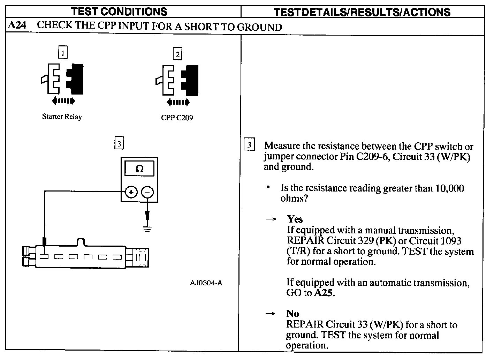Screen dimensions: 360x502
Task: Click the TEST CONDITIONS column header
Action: [x=119, y=11]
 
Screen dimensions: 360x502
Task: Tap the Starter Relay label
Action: [x=62, y=117]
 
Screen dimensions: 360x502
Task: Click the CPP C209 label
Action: [x=177, y=118]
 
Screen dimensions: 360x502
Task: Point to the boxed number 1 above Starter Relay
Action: [x=63, y=53]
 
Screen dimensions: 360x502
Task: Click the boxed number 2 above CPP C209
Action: [x=178, y=54]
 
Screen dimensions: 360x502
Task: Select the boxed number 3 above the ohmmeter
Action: [x=119, y=143]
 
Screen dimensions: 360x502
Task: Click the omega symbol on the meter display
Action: [x=139, y=169]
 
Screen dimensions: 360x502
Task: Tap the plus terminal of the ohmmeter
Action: [x=131, y=192]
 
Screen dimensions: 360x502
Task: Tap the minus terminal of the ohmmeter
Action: [x=147, y=192]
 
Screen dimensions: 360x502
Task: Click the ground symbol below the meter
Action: [x=147, y=229]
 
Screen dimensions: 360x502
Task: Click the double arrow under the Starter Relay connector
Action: [x=63, y=101]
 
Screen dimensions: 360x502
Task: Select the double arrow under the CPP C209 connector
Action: [x=178, y=102]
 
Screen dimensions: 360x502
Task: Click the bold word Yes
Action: [x=295, y=219]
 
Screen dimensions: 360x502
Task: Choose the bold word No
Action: [x=292, y=313]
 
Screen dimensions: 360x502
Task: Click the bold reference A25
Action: [x=324, y=293]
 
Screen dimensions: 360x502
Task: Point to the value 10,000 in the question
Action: [x=450, y=188]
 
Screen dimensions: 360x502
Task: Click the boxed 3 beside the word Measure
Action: [x=249, y=145]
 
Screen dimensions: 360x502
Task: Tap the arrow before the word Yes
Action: [x=271, y=219]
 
